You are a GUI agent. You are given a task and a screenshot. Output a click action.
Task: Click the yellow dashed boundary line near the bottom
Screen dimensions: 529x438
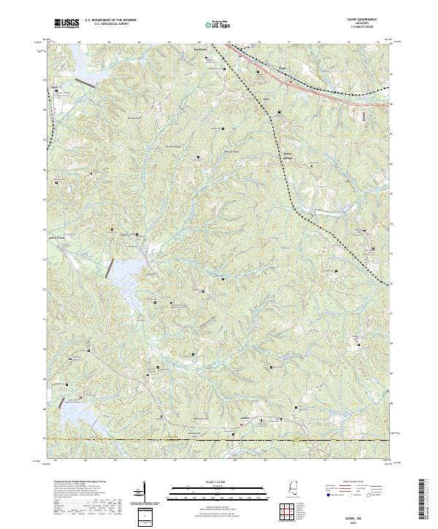[219, 439]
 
